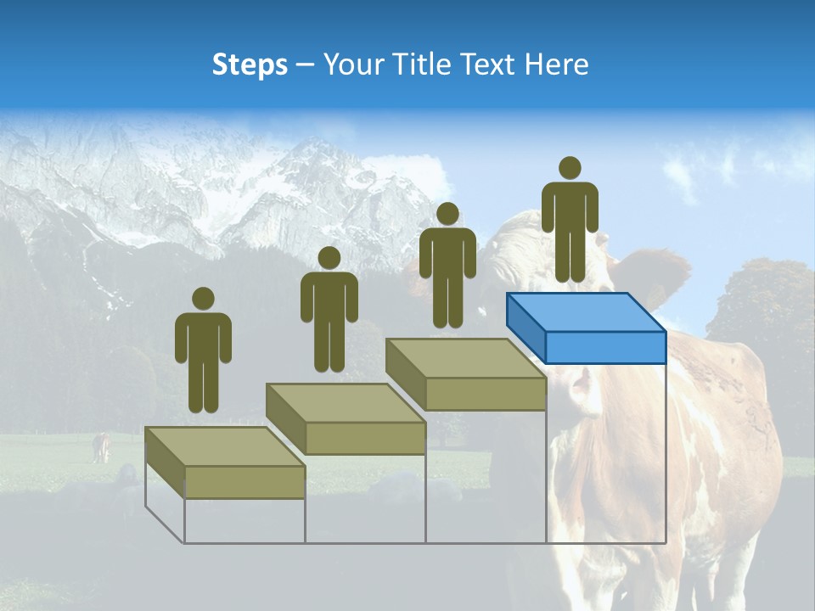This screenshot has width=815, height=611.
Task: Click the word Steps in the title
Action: point(250,65)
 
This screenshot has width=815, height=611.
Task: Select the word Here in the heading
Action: point(556,65)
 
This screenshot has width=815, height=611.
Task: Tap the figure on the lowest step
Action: point(203,356)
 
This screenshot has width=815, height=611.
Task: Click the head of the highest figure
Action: point(570,168)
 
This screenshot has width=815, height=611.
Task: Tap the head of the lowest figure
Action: point(203,299)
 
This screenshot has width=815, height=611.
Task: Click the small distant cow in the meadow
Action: point(102,446)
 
